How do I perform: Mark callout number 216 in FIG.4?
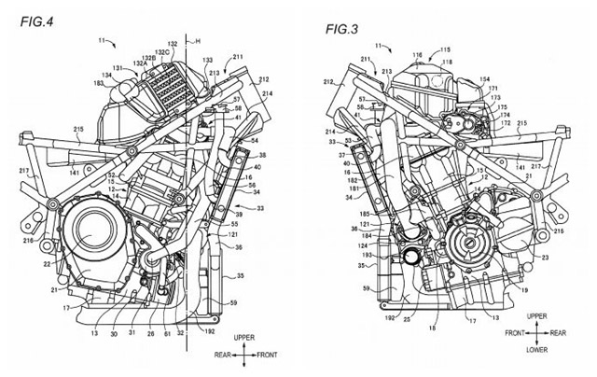[x=29, y=242]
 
